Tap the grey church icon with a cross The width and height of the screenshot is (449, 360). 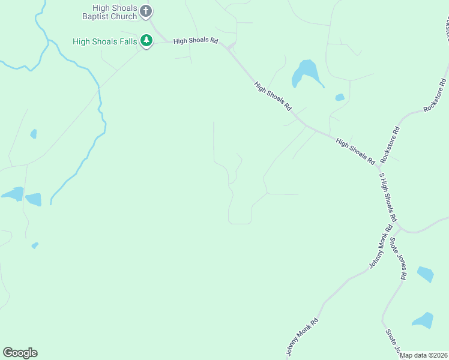146,11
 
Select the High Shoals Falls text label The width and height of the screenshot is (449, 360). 104,41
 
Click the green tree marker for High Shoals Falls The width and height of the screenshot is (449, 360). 146,41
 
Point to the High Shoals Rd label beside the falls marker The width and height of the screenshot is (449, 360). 195,41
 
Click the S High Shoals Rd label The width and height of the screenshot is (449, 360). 387,199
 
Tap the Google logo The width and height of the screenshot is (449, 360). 20,353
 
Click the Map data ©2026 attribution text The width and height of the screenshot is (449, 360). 423,355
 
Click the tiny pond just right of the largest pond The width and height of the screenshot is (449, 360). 340,97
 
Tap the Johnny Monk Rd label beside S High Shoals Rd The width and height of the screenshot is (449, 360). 381,247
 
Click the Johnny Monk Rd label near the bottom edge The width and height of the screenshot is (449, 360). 302,337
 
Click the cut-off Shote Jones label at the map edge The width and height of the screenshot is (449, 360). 393,341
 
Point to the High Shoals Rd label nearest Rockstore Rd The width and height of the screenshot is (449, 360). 355,151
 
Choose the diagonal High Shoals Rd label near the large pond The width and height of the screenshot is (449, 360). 273,97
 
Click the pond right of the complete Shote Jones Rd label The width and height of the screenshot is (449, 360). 425,274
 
